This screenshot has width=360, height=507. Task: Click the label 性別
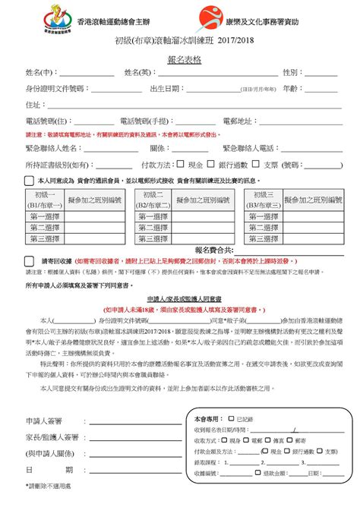(x=289, y=72)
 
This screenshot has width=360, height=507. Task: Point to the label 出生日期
(x=165, y=89)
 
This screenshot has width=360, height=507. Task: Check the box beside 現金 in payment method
(x=180, y=164)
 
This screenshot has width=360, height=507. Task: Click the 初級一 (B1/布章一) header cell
(x=46, y=200)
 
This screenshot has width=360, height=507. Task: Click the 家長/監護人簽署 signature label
(x=52, y=437)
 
